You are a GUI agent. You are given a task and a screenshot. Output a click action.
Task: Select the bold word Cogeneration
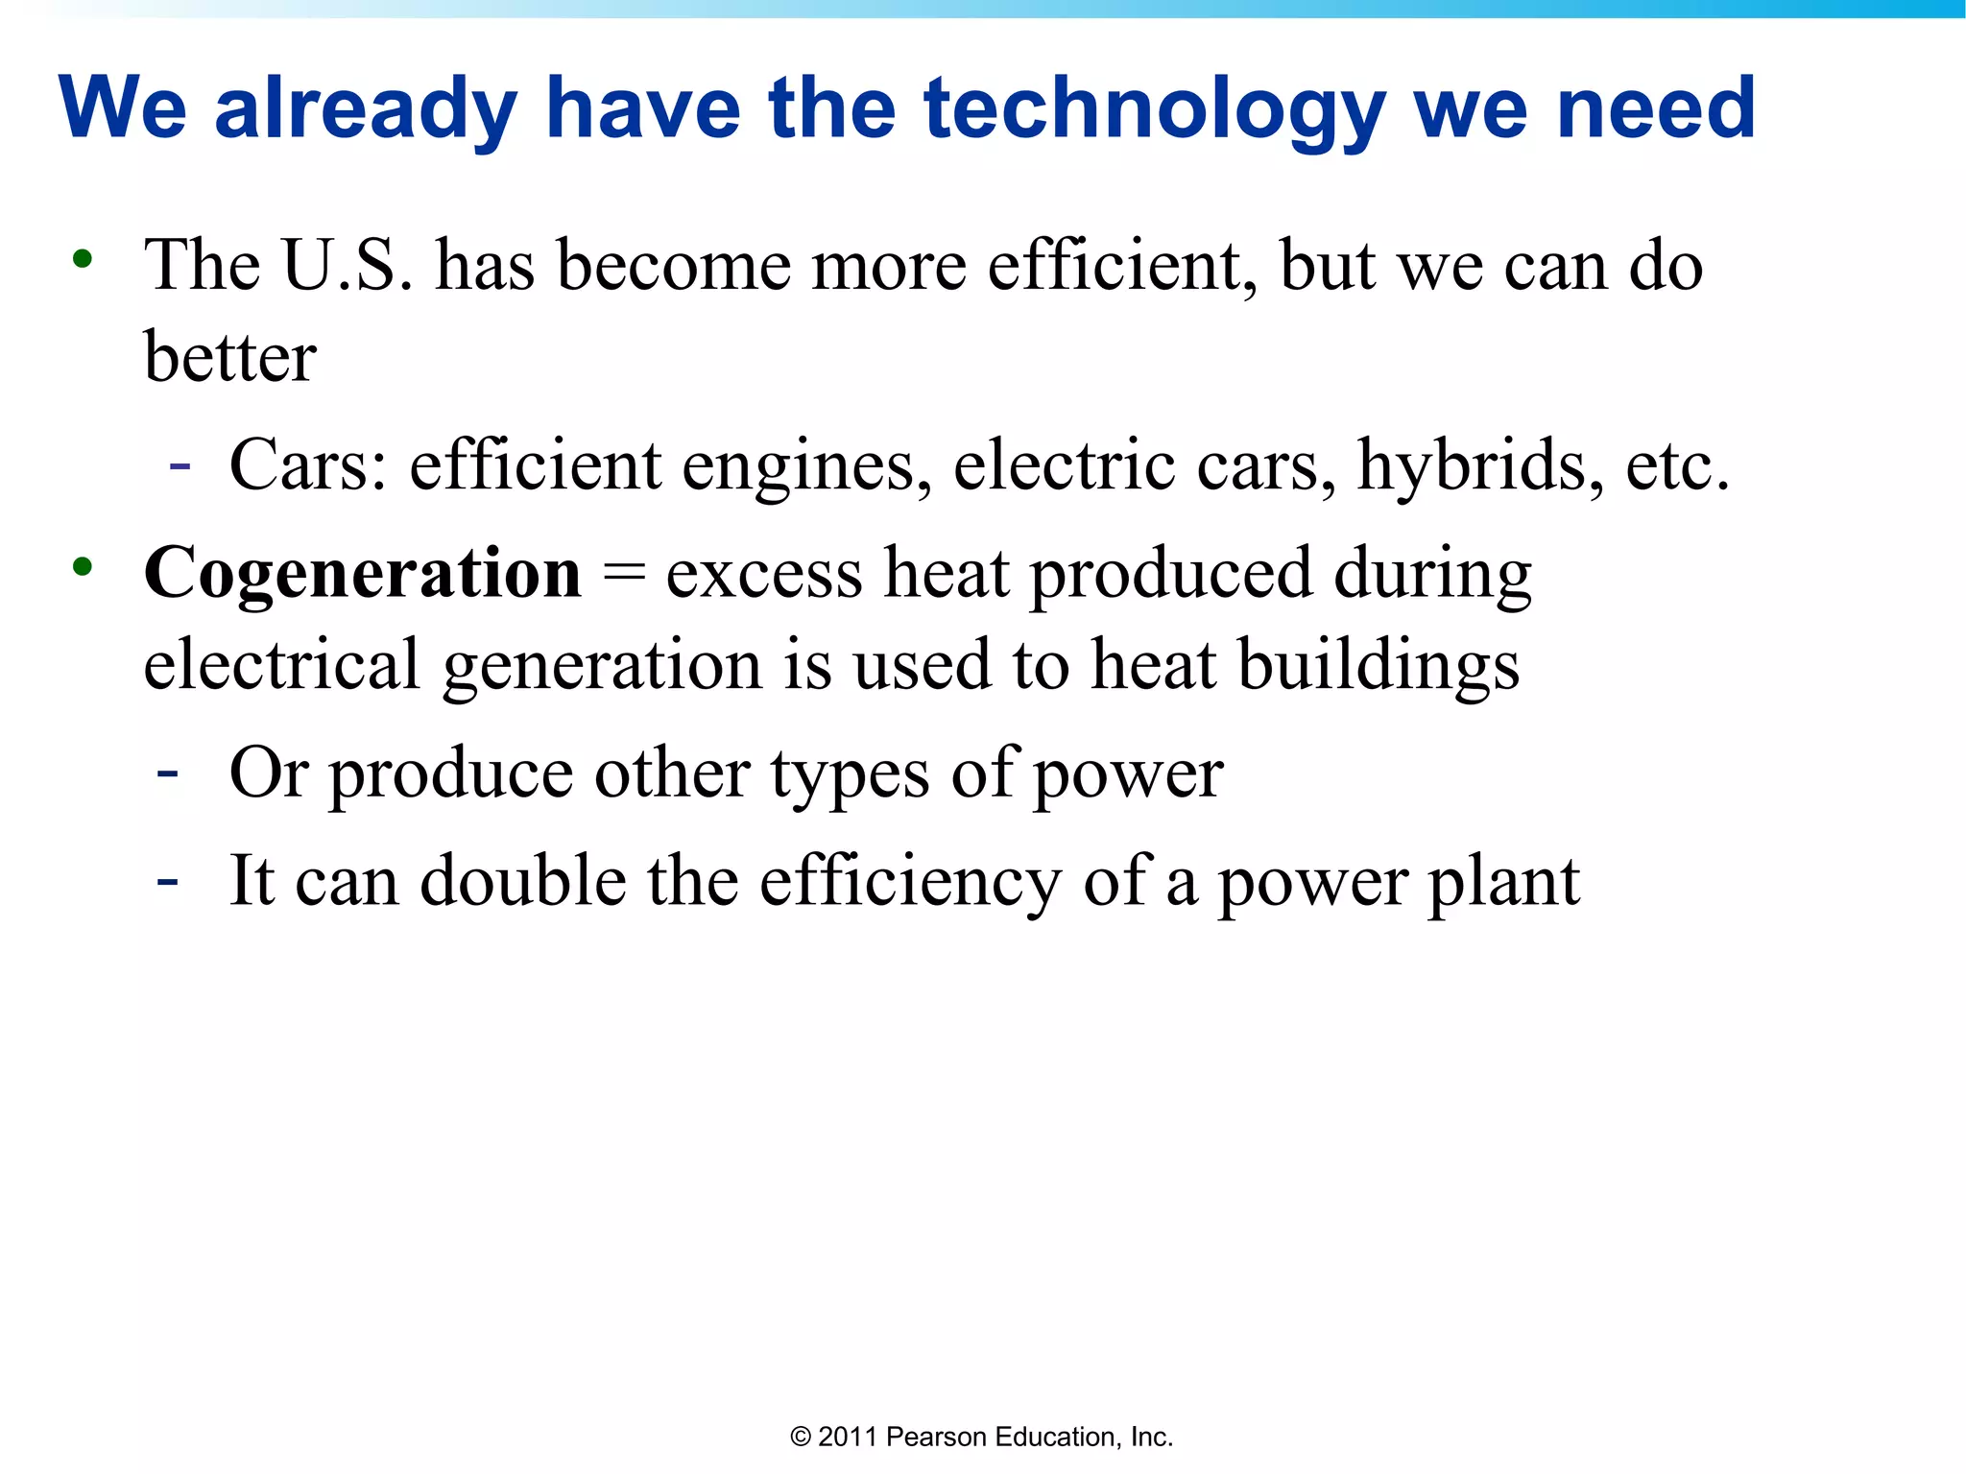point(362,574)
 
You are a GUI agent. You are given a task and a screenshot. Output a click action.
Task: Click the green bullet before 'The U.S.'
point(83,258)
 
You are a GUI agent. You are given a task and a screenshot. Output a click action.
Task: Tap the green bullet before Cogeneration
point(83,566)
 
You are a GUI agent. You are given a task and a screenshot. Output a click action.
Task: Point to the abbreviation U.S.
point(348,265)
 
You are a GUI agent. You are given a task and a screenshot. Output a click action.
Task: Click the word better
point(229,357)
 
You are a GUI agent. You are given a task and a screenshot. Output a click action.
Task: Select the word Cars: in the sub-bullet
point(308,465)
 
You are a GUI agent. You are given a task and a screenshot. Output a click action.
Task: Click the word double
point(523,882)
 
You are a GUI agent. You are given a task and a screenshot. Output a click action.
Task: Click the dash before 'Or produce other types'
point(168,773)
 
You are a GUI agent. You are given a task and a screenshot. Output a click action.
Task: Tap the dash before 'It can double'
point(168,880)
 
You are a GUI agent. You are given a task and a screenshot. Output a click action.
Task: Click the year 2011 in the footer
point(848,1437)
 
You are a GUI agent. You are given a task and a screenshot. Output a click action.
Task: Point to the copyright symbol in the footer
point(800,1437)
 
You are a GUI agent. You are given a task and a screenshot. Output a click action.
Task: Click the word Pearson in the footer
point(936,1437)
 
